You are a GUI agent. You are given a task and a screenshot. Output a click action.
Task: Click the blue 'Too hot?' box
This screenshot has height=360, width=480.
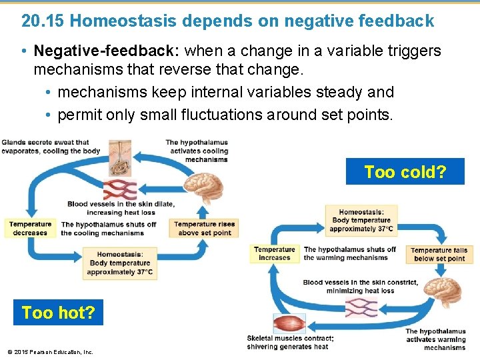58,312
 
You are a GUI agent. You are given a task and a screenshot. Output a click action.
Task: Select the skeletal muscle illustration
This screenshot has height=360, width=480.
289,325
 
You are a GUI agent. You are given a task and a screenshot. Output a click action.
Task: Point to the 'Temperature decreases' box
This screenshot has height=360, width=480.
30,229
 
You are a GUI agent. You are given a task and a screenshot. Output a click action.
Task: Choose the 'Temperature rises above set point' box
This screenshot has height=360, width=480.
204,229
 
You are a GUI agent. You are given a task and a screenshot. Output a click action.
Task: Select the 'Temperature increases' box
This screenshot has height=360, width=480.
274,254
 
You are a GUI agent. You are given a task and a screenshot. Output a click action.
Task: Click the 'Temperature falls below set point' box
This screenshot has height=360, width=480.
439,254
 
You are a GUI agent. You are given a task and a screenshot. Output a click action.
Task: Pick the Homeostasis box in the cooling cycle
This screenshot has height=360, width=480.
119,263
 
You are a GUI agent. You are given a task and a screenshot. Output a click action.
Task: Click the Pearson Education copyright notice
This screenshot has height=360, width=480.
50,352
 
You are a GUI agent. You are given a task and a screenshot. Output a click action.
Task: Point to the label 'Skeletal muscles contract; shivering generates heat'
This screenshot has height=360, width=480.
290,342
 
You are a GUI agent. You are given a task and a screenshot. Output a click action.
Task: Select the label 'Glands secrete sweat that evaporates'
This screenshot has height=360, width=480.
50,146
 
